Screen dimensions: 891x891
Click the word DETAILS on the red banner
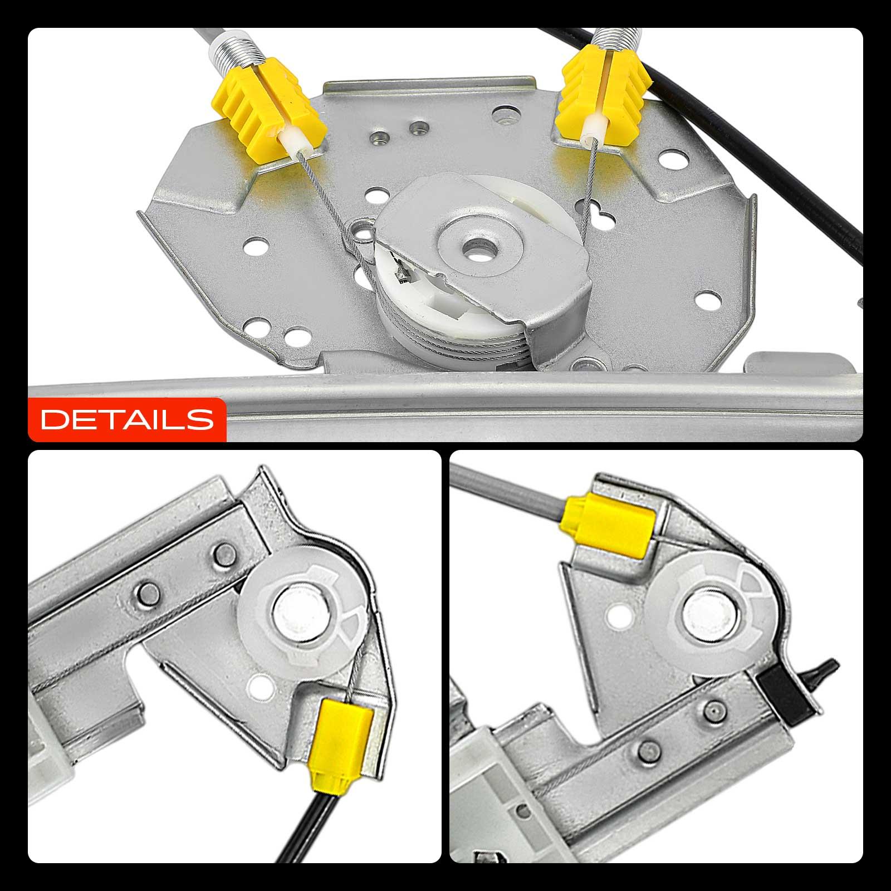click(128, 418)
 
